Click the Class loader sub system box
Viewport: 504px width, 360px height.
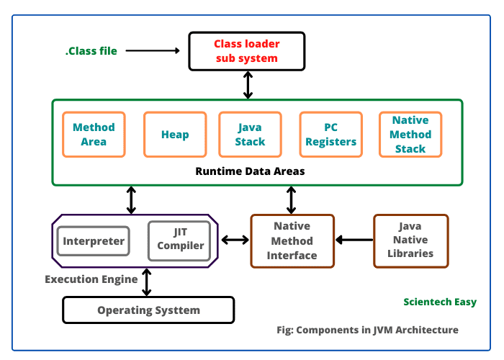[247, 51]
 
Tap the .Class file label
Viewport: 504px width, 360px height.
[91, 50]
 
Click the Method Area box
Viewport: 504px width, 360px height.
[94, 134]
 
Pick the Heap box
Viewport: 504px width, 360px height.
[175, 134]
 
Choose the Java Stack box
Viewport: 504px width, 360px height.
[250, 134]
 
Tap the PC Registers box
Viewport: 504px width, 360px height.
[330, 134]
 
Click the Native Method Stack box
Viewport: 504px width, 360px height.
[410, 134]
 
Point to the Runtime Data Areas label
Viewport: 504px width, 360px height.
[250, 171]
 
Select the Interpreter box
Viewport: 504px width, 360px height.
[94, 241]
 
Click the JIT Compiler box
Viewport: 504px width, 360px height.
[180, 239]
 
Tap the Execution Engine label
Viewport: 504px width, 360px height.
[91, 279]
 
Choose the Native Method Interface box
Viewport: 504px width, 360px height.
[292, 240]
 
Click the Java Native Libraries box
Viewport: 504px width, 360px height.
[410, 240]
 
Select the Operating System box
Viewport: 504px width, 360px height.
[148, 310]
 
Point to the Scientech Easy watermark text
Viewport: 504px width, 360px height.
[439, 302]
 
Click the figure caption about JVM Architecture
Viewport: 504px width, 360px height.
[367, 330]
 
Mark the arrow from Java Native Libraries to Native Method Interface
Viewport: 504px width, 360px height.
[354, 240]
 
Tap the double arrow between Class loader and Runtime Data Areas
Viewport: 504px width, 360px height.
[248, 85]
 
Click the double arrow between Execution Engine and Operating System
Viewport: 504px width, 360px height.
[147, 282]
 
